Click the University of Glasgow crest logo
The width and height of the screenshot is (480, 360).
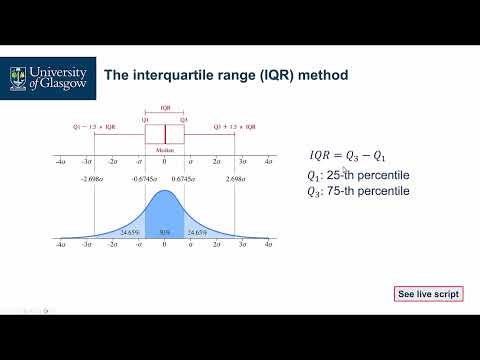pyautogui.click(x=18, y=74)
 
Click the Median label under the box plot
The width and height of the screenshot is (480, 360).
pyautogui.click(x=165, y=151)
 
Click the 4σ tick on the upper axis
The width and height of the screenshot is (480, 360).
pyautogui.click(x=268, y=160)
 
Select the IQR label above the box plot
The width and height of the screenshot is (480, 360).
pyautogui.click(x=165, y=109)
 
